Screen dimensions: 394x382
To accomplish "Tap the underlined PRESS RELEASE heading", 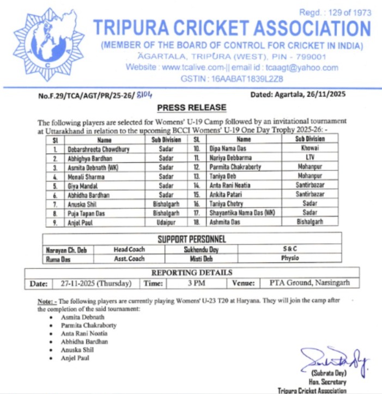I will click(191, 108).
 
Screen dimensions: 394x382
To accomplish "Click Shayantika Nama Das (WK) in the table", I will click(243, 213).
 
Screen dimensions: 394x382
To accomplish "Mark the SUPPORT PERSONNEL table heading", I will click(191, 239).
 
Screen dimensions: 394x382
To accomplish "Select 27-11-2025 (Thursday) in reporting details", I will click(96, 283).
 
